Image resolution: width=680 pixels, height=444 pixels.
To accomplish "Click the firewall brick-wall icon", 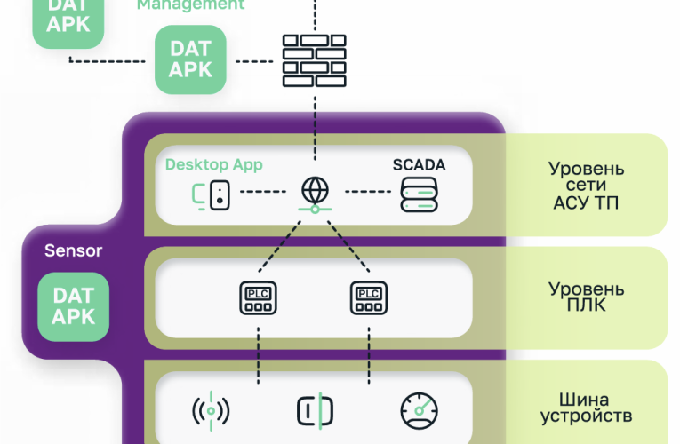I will click(x=314, y=59).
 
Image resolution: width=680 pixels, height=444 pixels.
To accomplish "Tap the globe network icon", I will click(x=314, y=194).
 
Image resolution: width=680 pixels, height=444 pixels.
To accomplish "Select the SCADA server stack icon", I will click(x=419, y=194).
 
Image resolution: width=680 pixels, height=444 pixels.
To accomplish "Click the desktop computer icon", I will click(x=212, y=194).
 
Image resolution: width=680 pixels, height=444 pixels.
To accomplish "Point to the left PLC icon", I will click(x=257, y=298).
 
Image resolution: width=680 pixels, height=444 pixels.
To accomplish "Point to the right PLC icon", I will click(x=369, y=298).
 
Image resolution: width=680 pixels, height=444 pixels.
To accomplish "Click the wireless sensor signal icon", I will click(x=211, y=410).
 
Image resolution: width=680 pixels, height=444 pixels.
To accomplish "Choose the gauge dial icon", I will click(x=419, y=410).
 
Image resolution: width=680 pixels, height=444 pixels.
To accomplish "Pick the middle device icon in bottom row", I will click(x=314, y=410).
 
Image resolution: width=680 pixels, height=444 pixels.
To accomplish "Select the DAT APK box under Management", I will click(x=190, y=59).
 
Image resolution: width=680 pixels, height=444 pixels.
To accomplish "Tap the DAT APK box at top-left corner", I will click(x=68, y=19).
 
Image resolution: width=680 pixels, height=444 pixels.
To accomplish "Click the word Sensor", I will click(x=73, y=250).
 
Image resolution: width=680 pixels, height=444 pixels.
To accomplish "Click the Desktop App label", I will click(x=213, y=165).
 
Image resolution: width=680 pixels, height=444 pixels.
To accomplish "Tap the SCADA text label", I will click(x=419, y=165).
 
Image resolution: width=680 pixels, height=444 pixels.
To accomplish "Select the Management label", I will click(x=189, y=5).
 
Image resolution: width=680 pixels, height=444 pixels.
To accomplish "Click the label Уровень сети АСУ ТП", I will click(x=586, y=185).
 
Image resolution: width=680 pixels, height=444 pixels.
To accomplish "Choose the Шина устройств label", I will click(x=586, y=407).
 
